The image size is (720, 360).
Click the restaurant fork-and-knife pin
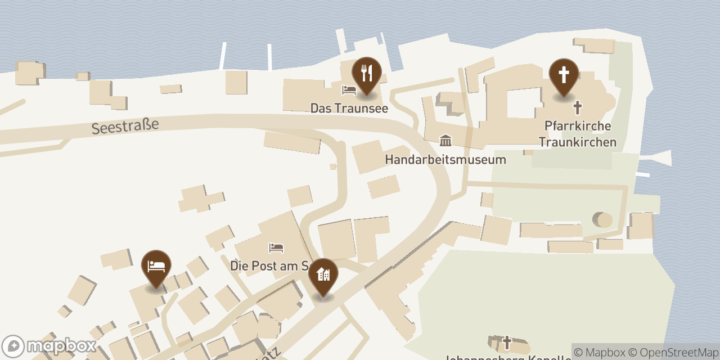[x=366, y=74]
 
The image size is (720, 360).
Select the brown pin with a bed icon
[x=156, y=267]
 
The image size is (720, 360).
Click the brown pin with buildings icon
[x=323, y=275]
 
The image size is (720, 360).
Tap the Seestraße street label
[x=125, y=126]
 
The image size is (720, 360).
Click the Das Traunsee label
[x=349, y=108]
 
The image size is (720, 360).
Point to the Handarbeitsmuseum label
[x=445, y=159]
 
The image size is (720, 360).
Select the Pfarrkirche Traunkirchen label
[x=577, y=134]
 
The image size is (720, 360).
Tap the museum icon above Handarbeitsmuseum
[x=445, y=141]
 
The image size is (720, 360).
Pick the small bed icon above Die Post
[x=276, y=247]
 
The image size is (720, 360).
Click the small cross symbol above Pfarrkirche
[x=577, y=107]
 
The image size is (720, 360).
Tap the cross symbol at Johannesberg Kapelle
[x=507, y=343]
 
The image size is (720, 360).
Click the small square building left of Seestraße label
[x=82, y=76]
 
